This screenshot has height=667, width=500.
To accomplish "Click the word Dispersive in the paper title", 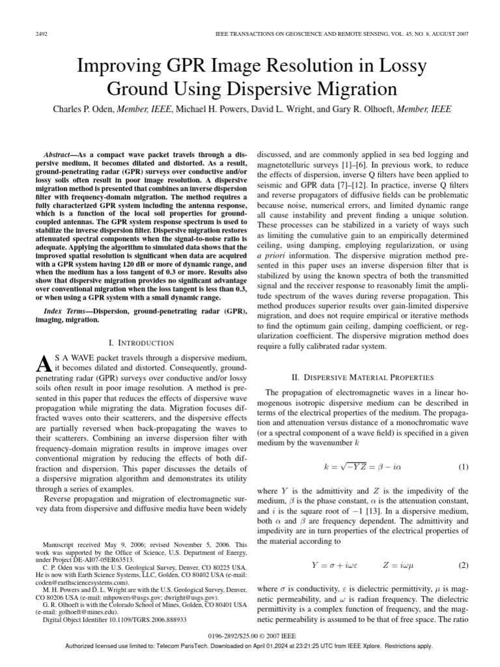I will [296, 88].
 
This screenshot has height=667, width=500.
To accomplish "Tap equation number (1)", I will [464, 468].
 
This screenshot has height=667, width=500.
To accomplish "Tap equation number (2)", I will [464, 564].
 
